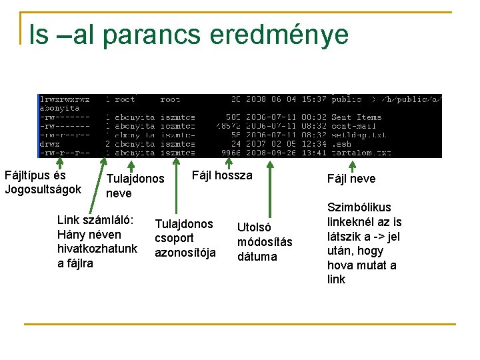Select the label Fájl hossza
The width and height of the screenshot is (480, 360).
tap(222, 175)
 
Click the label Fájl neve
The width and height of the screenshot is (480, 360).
tap(351, 179)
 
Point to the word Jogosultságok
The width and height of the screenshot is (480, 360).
tap(43, 189)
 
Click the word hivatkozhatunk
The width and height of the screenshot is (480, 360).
tap(97, 249)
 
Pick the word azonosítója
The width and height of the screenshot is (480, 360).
tap(185, 253)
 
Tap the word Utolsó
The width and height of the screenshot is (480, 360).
tap(255, 227)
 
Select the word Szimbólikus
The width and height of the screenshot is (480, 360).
tap(359, 207)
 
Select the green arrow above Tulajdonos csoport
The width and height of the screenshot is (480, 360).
tap(176, 187)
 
